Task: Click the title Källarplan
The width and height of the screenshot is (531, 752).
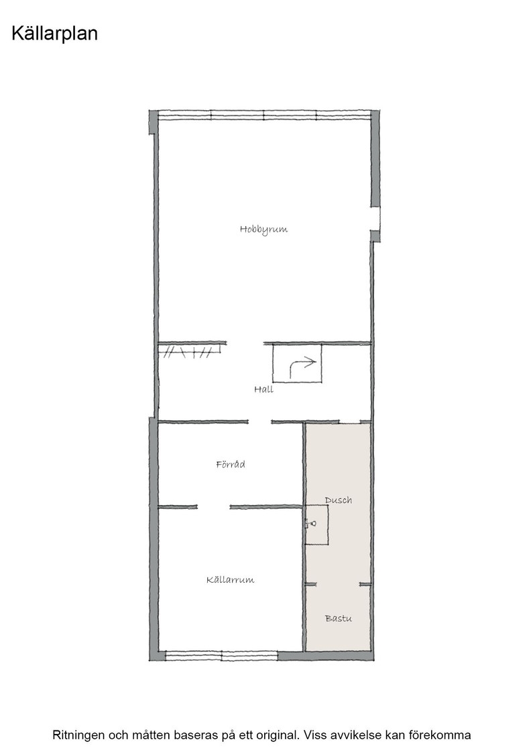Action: tap(54, 34)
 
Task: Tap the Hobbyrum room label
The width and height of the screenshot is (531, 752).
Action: tap(264, 229)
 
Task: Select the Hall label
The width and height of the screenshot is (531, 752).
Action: tap(264, 389)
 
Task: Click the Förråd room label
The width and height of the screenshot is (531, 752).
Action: tap(231, 464)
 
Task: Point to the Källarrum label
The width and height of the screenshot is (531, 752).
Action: tap(231, 580)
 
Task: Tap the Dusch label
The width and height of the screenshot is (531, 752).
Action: tap(339, 500)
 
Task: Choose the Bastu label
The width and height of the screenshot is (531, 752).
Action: tap(339, 618)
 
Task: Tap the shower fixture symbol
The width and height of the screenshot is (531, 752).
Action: tap(310, 524)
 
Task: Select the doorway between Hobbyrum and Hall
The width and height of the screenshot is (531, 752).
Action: tap(245, 343)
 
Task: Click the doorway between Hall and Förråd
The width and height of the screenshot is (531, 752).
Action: tap(260, 422)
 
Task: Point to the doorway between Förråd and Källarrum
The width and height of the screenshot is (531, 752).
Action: tap(214, 506)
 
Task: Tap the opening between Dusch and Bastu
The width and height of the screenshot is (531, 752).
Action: tap(338, 584)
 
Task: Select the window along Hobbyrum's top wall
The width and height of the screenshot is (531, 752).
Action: tap(265, 115)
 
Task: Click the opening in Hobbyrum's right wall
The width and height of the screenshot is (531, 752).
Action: tap(375, 219)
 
